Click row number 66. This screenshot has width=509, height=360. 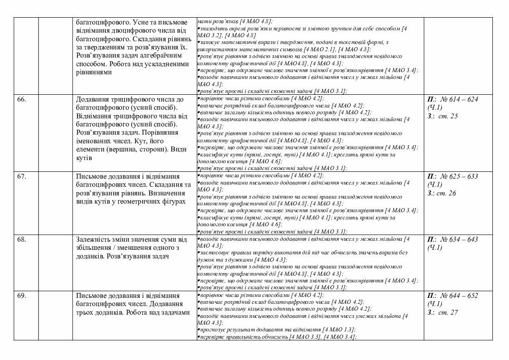point(21,99)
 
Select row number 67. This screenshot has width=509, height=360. point(21,176)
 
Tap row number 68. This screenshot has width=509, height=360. point(21,239)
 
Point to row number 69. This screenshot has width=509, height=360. point(21,296)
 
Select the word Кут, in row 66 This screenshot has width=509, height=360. point(152,141)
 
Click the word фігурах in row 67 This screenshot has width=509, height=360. point(173,201)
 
